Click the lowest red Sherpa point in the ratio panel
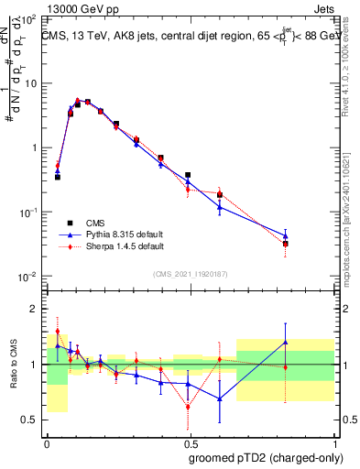pyautogui.click(x=188, y=406)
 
